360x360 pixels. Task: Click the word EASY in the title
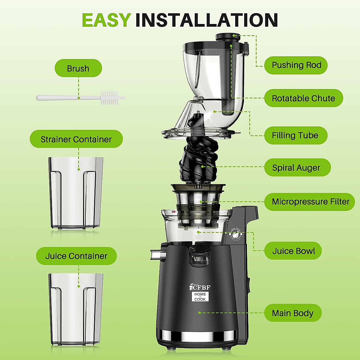pos(106,20)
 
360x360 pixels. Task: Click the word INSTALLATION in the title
pos(206,20)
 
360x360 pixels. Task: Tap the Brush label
pos(78,68)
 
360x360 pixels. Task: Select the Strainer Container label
pos(76,139)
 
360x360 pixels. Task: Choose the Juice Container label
pos(76,256)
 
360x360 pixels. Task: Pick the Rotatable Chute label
pos(303,98)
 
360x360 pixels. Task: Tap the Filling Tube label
pos(295,135)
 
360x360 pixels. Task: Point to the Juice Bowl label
pos(293,251)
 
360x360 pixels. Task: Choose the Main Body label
pos(292,313)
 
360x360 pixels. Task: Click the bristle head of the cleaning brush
pos(109,98)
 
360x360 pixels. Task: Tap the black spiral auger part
pos(198,159)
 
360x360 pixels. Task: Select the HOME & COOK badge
pos(200,297)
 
